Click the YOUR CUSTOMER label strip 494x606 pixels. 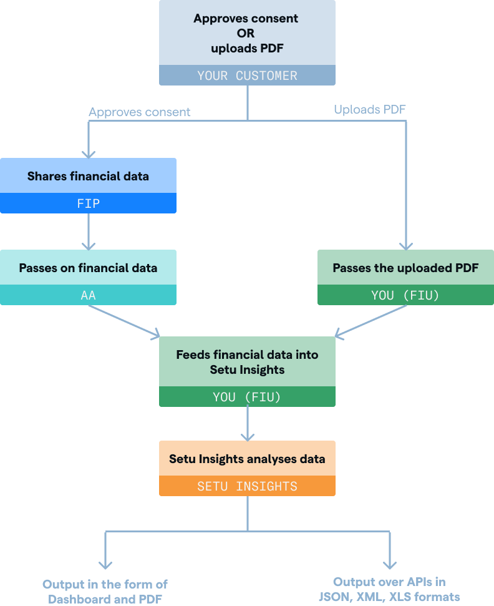247,76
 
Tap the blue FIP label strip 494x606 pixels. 88,203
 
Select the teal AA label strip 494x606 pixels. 88,295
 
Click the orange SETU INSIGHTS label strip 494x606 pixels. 247,486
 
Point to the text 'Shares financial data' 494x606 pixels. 88,176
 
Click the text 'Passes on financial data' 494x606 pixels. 88,268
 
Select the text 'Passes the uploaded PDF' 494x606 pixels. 405,268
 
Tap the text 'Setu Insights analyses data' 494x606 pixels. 247,459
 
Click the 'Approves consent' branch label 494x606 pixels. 140,112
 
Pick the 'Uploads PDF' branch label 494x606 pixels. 370,110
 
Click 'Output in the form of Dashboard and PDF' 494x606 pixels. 105,591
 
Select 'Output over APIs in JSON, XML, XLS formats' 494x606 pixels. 389,590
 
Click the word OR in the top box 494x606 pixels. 247,32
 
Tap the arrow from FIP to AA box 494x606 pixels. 89,231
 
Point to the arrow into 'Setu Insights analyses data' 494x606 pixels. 248,424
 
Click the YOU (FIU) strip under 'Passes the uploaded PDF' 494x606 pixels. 405,295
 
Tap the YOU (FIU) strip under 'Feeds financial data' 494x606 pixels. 247,397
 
